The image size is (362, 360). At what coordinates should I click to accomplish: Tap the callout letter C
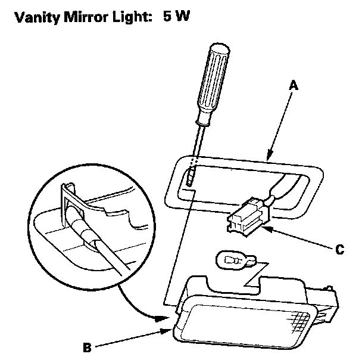tap(339, 250)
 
